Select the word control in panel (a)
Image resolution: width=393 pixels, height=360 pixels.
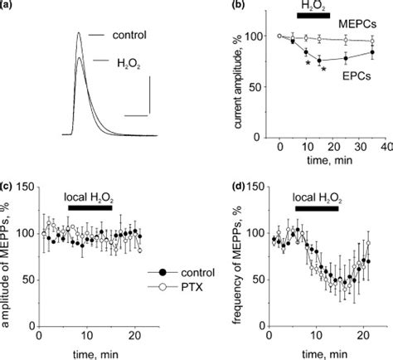point(131,36)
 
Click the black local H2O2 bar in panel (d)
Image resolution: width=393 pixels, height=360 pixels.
point(316,209)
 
